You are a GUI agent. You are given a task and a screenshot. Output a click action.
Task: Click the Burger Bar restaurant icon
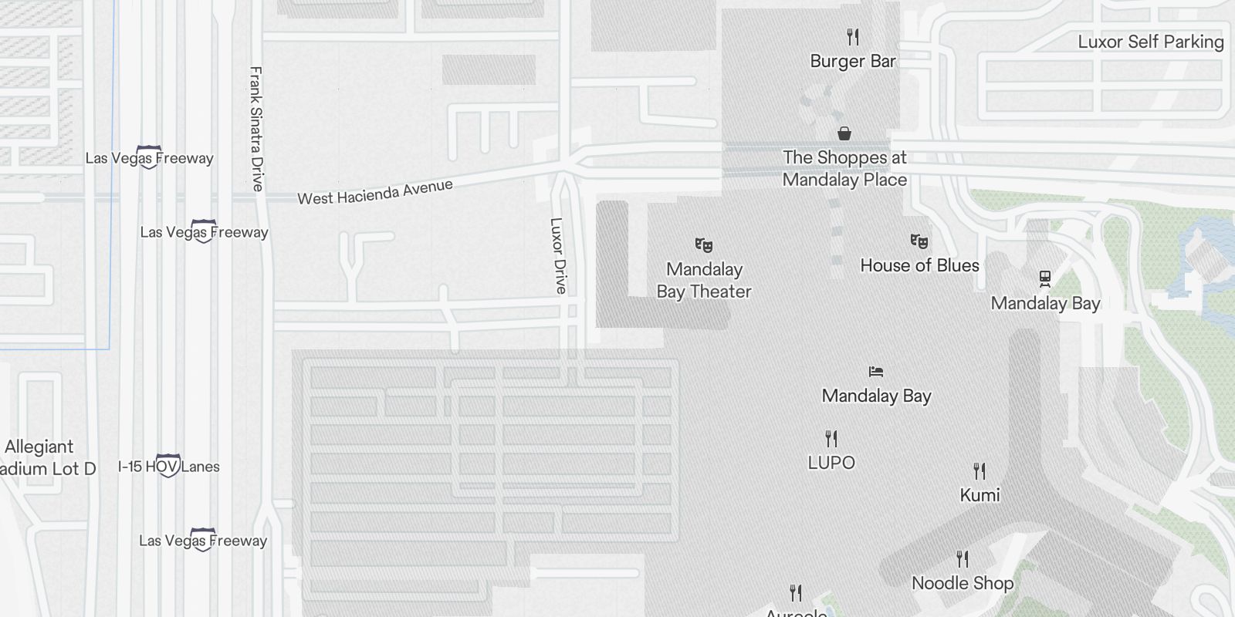(853, 36)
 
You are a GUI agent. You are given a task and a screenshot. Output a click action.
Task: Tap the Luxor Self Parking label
(1150, 42)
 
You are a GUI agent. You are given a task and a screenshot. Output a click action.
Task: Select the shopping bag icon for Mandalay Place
(844, 133)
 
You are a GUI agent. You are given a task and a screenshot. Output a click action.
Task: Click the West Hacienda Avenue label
(375, 192)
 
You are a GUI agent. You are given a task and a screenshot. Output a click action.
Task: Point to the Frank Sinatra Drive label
(256, 129)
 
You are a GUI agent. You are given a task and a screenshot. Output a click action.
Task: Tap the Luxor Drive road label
(558, 255)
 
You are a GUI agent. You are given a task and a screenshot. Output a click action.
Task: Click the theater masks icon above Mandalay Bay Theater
(703, 245)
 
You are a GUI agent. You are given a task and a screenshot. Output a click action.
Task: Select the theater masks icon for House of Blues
(919, 241)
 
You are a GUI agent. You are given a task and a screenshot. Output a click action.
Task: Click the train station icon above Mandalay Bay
(1045, 278)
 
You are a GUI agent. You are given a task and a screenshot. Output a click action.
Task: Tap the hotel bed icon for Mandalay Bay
(875, 372)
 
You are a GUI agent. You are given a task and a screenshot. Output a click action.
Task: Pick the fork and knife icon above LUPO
(831, 439)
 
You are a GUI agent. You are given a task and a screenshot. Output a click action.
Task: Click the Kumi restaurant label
(980, 495)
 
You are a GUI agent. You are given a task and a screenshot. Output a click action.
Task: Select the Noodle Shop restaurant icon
(962, 558)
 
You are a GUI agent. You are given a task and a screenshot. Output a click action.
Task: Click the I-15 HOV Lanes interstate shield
(168, 466)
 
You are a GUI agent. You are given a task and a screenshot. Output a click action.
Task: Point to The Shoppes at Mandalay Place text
(844, 168)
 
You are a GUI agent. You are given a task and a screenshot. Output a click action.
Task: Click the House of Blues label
(919, 265)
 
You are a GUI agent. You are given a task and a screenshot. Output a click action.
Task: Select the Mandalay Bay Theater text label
(704, 280)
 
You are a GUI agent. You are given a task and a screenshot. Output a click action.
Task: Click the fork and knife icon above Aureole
(796, 593)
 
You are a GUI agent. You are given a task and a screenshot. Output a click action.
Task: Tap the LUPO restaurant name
(831, 463)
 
